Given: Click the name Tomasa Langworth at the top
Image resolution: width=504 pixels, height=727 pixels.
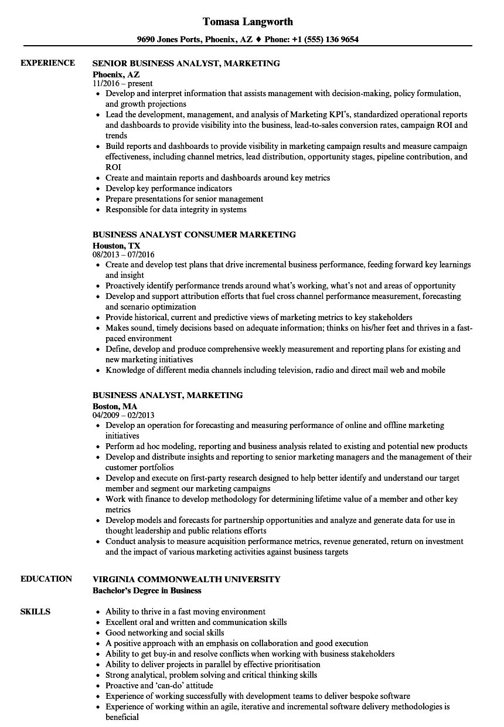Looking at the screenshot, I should [247, 22].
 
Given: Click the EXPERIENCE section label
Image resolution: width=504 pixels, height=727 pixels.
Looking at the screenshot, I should [47, 63].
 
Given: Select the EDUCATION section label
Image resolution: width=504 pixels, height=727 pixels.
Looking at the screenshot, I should [46, 579].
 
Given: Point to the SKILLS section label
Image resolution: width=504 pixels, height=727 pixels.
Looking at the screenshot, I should [35, 612].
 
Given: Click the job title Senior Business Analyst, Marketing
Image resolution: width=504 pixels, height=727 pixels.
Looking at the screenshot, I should [186, 63].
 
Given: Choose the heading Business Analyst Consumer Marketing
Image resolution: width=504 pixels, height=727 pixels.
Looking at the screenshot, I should [194, 235].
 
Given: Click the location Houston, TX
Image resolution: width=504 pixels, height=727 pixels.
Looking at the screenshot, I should [117, 245].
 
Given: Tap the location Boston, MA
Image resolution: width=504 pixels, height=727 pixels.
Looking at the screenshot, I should [115, 406].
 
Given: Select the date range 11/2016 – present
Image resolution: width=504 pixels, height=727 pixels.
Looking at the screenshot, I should [122, 84].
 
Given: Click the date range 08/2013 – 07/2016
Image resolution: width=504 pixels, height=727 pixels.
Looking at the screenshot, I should [124, 255].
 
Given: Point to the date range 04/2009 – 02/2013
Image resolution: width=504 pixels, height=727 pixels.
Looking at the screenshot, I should [124, 416].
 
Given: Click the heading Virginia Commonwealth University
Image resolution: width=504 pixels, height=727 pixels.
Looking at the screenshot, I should [186, 579].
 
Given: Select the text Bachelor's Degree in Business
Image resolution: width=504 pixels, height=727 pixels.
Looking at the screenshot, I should [147, 590].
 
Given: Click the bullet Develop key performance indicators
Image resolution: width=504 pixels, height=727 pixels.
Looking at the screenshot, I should [169, 188].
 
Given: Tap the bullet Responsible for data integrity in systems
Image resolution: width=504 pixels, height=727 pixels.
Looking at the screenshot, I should [176, 209].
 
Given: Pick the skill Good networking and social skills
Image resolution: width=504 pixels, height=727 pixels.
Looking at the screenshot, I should [165, 633].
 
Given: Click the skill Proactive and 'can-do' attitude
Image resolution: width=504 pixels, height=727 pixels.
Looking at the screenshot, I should [159, 685].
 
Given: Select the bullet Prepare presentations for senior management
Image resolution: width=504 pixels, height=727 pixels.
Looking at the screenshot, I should [184, 199].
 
